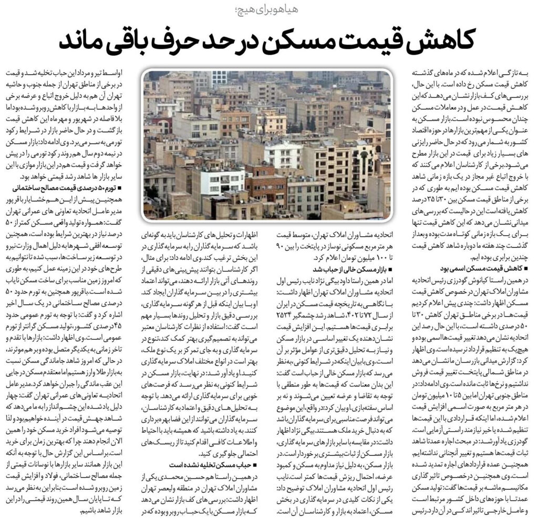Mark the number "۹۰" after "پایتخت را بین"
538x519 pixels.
[278, 247]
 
